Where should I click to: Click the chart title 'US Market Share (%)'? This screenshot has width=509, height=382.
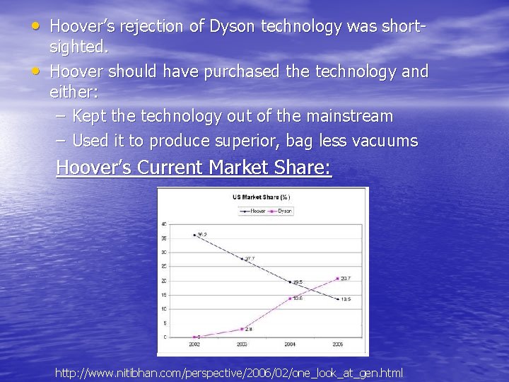262,197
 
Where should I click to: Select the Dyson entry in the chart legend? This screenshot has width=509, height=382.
281,211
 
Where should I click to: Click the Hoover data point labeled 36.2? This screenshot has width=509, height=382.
194,235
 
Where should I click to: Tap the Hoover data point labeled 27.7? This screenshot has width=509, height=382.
242,259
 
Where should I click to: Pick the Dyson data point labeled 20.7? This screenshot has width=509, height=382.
338,279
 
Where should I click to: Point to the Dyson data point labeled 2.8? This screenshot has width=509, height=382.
242,329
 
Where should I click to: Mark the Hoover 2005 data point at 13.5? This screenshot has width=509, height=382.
338,299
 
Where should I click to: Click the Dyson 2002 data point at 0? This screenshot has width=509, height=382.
194,337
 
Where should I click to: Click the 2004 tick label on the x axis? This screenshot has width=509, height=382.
290,345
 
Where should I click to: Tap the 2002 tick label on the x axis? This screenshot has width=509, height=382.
194,345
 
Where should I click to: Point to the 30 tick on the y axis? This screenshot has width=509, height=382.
164,253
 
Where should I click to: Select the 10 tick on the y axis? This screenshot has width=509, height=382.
164,309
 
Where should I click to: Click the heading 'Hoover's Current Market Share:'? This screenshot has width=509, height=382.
194,168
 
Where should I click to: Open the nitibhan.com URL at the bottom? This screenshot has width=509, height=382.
229,372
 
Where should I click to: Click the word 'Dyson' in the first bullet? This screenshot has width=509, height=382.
233,27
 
